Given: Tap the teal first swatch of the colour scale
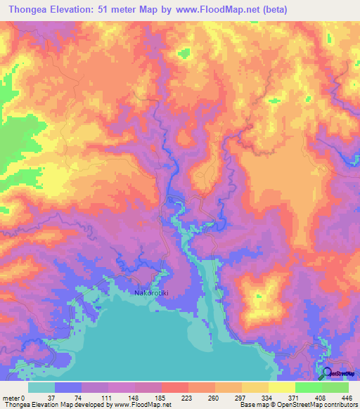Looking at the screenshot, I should (41, 387).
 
